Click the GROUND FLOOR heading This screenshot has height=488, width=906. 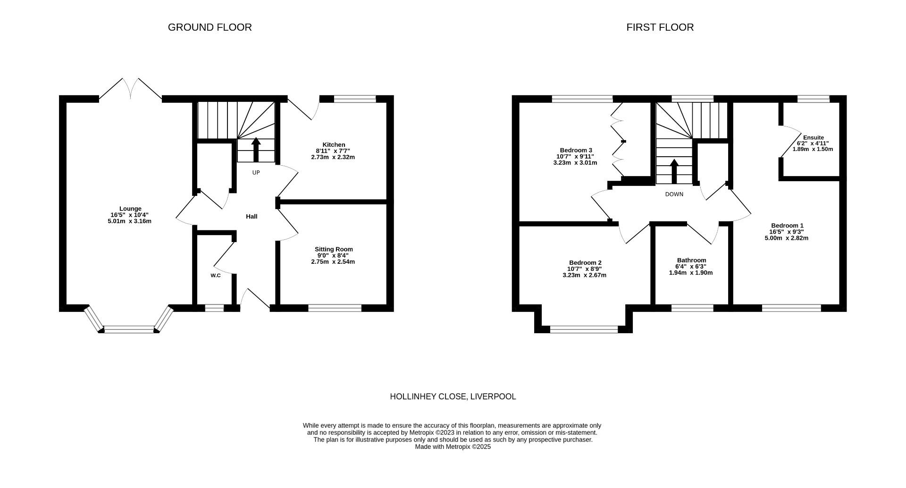210,27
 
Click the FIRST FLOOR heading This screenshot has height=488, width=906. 660,27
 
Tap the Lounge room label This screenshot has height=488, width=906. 130,209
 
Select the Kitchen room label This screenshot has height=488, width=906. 334,145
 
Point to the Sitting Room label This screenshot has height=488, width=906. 334,249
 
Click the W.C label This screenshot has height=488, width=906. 216,275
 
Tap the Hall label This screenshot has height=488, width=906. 252,217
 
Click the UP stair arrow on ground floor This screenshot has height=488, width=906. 256,150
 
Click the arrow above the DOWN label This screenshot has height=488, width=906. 674,171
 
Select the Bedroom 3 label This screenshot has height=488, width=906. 576,151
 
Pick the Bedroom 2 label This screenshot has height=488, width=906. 585,263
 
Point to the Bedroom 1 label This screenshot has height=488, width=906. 787,226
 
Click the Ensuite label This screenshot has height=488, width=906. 814,138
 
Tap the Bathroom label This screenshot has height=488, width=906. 691,260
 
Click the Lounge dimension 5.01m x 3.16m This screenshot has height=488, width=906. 129,221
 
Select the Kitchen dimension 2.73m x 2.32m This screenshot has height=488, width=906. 333,157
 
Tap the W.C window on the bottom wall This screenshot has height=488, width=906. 214,308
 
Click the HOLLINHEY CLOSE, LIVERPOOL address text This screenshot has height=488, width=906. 453,397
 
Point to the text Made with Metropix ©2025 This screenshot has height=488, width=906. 453,447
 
